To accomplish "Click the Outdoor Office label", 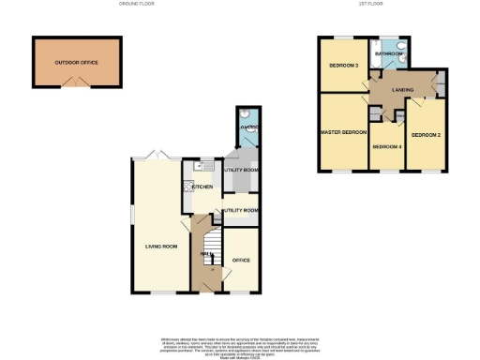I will (x=76, y=62).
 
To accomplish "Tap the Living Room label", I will (x=160, y=247).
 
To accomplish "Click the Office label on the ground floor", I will (x=242, y=259).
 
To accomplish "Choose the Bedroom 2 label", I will (x=426, y=134).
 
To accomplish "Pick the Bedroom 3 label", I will (x=343, y=66).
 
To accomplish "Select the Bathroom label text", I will (x=388, y=54).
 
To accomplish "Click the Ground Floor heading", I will (x=137, y=5).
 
